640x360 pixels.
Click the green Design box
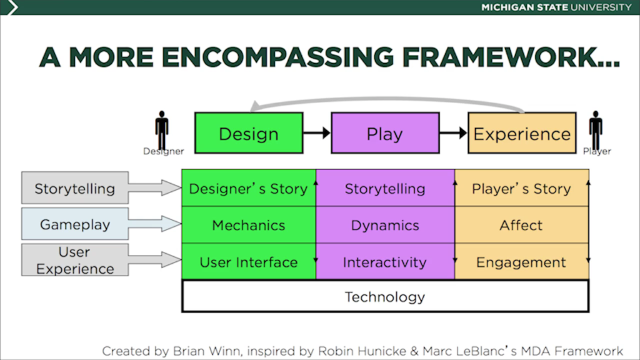[249, 133]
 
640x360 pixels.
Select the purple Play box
[384, 133]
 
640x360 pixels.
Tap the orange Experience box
[522, 133]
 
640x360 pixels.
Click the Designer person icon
[162, 129]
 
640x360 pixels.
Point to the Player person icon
[596, 129]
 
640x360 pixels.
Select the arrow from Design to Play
[317, 133]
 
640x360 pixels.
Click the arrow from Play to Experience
[454, 133]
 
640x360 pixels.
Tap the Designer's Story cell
[248, 189]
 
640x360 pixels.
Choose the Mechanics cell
[248, 225]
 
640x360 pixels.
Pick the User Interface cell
[248, 262]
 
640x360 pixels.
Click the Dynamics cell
[385, 225]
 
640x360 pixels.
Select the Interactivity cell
[385, 262]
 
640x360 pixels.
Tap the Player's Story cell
[521, 189]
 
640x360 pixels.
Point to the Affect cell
[521, 225]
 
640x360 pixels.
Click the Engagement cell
[521, 262]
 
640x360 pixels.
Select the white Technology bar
[385, 296]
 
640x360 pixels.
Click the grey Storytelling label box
[75, 188]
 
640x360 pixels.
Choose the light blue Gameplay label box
[75, 224]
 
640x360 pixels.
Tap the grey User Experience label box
[75, 260]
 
